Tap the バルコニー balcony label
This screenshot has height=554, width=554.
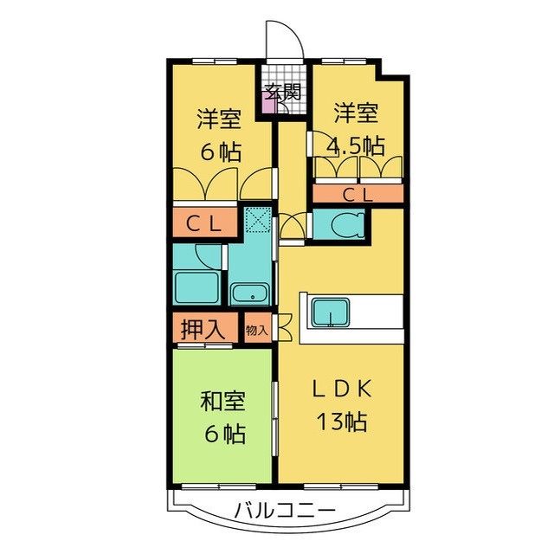tap(282, 510)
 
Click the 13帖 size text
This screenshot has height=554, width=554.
tap(341, 422)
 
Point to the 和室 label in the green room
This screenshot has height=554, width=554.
tap(222, 403)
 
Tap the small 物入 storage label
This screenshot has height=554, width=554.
tap(256, 330)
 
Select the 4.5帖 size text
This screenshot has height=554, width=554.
tap(355, 145)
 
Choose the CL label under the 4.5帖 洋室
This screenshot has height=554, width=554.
tap(357, 195)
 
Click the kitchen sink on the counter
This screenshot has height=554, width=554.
tap(331, 311)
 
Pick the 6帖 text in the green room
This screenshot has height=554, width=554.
tap(222, 434)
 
